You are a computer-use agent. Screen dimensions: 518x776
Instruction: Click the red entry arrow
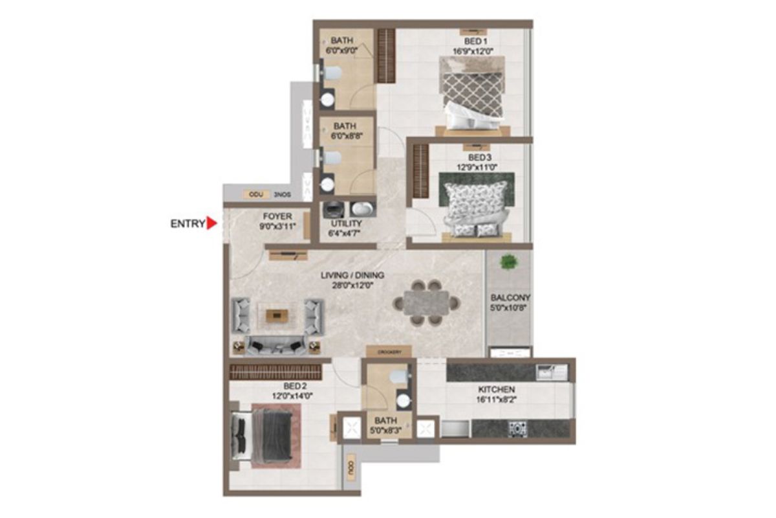(x=211, y=224)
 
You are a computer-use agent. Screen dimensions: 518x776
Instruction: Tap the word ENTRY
(x=187, y=224)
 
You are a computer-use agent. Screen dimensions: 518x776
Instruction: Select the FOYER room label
(x=277, y=216)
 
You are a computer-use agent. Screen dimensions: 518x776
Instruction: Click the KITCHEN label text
(x=496, y=390)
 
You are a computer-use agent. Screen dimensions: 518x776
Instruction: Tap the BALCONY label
(x=510, y=298)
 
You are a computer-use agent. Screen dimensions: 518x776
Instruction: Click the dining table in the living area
(x=426, y=302)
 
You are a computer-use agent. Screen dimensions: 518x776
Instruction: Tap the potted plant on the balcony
(x=509, y=262)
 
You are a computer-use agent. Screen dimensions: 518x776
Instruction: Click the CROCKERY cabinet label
(x=389, y=352)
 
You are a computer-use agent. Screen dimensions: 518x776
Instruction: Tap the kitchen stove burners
(x=517, y=428)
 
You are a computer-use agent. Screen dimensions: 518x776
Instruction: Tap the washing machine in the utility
(x=334, y=208)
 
